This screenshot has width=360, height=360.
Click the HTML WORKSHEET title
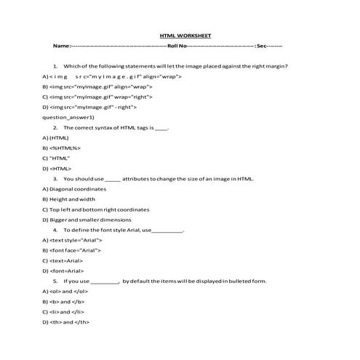185,34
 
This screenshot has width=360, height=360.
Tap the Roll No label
177,45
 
